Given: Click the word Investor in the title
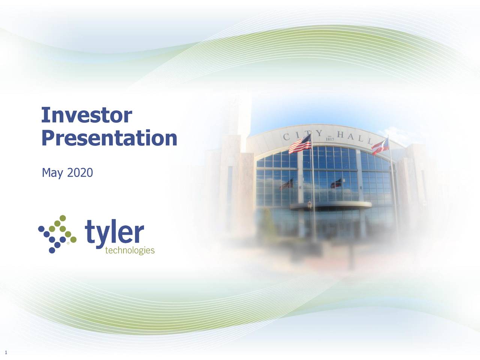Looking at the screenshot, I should (x=86, y=115).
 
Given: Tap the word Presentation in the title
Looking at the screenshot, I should (x=109, y=138).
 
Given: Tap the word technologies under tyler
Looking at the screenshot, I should (x=130, y=250).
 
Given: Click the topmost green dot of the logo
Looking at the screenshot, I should (x=63, y=218).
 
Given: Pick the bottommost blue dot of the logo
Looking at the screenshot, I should (x=52, y=250).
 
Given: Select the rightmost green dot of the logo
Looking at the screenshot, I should (x=73, y=239).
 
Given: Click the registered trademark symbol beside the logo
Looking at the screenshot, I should (x=68, y=243).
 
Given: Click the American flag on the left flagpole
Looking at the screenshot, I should (x=300, y=144).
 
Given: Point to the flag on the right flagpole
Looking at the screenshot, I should (x=379, y=146).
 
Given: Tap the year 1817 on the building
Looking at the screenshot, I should (x=330, y=139).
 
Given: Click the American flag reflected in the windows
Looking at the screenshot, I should (x=287, y=184).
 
